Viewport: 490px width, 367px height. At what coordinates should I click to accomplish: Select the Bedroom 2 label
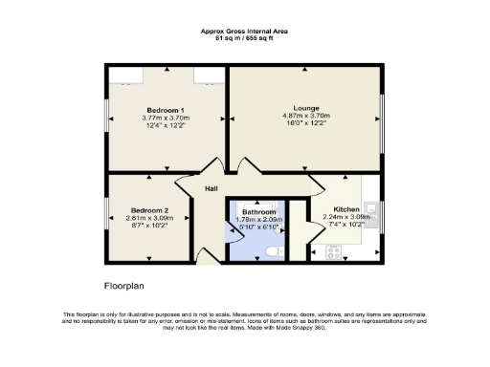[149, 209]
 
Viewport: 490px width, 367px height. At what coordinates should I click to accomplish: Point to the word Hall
[212, 188]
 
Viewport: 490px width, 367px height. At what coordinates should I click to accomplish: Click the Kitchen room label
[345, 208]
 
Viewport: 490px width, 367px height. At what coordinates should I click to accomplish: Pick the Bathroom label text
[258, 211]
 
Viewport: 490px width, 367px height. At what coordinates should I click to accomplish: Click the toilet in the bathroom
[273, 250]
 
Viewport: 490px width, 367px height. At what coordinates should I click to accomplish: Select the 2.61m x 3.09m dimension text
[149, 218]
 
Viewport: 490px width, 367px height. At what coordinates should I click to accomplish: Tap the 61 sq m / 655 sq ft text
[244, 37]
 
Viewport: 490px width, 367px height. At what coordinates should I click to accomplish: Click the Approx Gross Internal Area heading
[244, 31]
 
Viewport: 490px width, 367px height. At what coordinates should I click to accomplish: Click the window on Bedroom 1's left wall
[105, 116]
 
